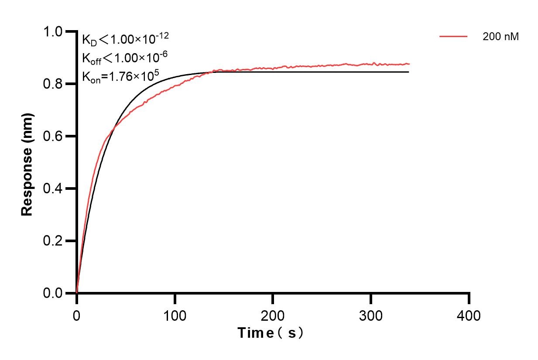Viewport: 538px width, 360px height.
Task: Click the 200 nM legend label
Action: (x=500, y=37)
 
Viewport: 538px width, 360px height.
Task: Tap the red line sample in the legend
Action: (x=453, y=37)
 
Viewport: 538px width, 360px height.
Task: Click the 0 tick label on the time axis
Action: (x=77, y=315)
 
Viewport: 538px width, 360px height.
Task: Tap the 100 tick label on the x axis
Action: (x=175, y=315)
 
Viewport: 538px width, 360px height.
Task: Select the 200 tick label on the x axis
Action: (x=273, y=315)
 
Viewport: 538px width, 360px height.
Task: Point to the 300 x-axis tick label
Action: (x=371, y=315)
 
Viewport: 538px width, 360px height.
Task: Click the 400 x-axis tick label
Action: (x=469, y=315)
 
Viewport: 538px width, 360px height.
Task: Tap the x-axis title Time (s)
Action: (x=271, y=333)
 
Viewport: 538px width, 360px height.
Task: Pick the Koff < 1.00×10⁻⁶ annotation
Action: (x=125, y=58)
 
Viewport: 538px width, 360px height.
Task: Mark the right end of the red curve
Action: (x=409, y=64)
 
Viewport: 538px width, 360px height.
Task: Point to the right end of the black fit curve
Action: (x=408, y=72)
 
